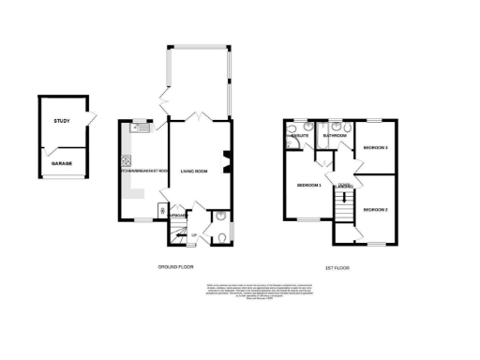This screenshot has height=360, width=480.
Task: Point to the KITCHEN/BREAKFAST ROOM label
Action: click(x=143, y=171)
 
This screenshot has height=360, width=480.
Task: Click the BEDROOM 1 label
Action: click(x=308, y=186)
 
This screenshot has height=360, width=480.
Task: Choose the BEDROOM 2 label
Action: click(x=375, y=209)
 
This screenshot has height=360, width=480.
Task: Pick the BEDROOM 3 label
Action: click(x=375, y=148)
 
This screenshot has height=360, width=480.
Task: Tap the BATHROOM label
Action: click(x=335, y=136)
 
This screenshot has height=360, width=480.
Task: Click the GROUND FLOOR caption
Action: click(x=176, y=267)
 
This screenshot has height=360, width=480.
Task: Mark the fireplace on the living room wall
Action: click(x=225, y=161)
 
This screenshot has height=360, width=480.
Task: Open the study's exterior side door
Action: click(x=92, y=120)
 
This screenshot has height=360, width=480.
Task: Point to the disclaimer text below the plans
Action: click(x=240, y=290)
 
